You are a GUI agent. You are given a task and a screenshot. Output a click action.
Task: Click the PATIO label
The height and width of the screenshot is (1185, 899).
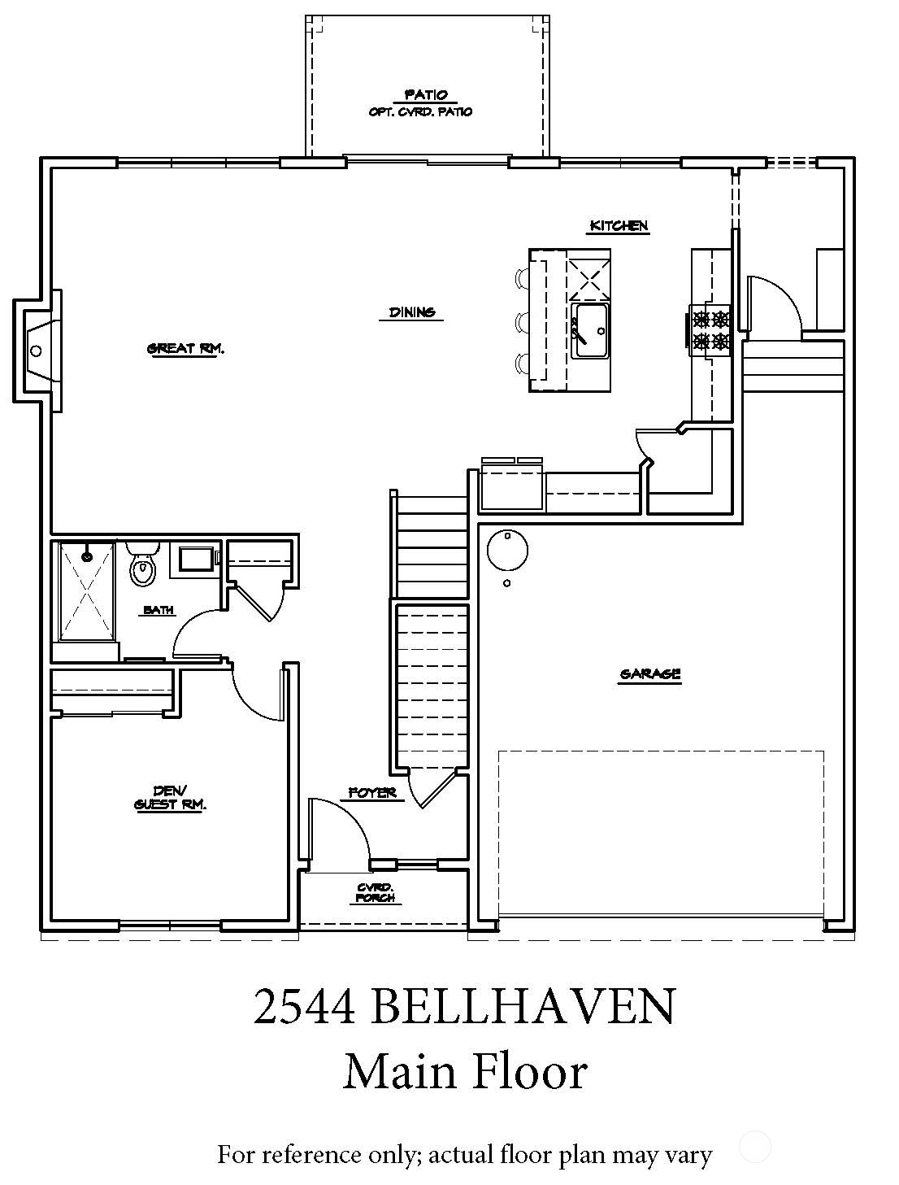[426, 95]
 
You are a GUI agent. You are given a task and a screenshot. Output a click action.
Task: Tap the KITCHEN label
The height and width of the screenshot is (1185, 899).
[619, 225]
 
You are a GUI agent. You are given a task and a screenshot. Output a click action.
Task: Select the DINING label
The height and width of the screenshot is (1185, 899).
[412, 312]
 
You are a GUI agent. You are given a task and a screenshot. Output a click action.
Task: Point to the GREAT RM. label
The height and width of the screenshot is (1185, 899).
[185, 349]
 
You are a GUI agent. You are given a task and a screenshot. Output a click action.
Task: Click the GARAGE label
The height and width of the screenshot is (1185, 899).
[649, 673]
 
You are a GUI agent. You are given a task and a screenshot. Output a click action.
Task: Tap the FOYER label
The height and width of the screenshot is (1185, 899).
[372, 792]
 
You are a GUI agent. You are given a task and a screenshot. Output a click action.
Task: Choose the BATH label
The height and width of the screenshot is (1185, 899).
[158, 610]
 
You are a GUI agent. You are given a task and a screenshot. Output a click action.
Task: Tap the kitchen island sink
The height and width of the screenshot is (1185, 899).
[589, 330]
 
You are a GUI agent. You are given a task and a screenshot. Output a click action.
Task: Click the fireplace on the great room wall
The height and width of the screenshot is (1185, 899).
[37, 351]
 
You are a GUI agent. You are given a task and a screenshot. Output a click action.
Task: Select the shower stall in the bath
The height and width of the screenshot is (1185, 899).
[86, 591]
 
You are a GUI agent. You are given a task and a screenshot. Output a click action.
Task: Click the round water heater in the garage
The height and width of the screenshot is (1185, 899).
[507, 551]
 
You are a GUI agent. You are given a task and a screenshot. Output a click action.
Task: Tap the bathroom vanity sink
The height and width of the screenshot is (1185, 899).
[196, 559]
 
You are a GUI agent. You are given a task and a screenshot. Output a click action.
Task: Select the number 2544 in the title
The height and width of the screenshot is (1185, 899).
[304, 1007]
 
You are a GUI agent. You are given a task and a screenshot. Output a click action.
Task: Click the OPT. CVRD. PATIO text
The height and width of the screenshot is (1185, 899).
[421, 111]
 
